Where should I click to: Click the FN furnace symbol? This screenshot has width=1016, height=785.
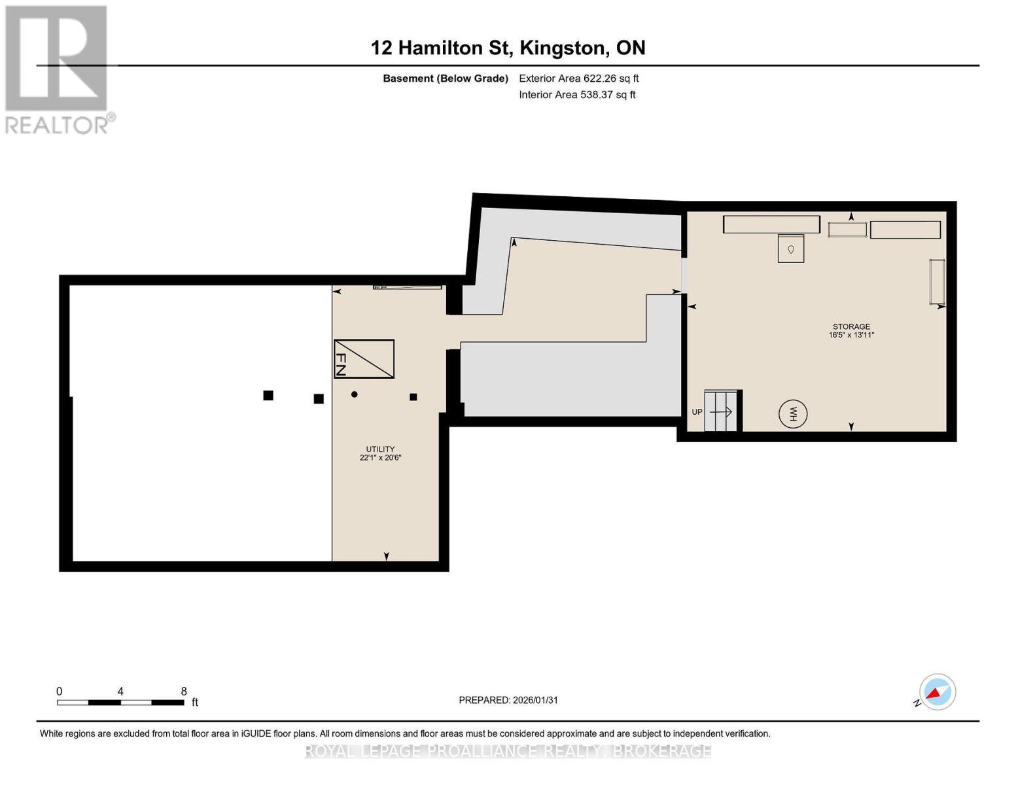(364, 358)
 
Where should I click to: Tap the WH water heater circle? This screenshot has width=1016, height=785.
(792, 414)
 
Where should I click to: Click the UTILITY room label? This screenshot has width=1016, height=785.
(380, 449)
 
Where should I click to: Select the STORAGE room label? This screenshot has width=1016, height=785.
(851, 326)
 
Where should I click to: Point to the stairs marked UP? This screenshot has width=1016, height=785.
(720, 411)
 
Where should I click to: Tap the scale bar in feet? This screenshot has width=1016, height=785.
(120, 703)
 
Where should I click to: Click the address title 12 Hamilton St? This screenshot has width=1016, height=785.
(508, 48)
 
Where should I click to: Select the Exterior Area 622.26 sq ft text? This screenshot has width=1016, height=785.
(578, 78)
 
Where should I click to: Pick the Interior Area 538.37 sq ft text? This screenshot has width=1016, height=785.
(577, 95)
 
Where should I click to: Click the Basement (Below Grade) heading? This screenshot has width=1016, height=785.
(445, 78)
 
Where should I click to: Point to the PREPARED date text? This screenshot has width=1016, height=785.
(508, 700)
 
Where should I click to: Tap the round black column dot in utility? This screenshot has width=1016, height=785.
(355, 394)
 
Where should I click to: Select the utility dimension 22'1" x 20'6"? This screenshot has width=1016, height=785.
(380, 458)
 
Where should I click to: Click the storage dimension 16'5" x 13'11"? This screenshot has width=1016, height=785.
(851, 335)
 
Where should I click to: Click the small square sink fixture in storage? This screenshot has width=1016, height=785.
(790, 249)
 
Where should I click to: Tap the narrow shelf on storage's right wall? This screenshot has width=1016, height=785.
(937, 281)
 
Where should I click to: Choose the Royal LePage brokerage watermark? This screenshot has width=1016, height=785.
(508, 751)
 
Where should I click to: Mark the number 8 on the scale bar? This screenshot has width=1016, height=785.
(184, 691)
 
